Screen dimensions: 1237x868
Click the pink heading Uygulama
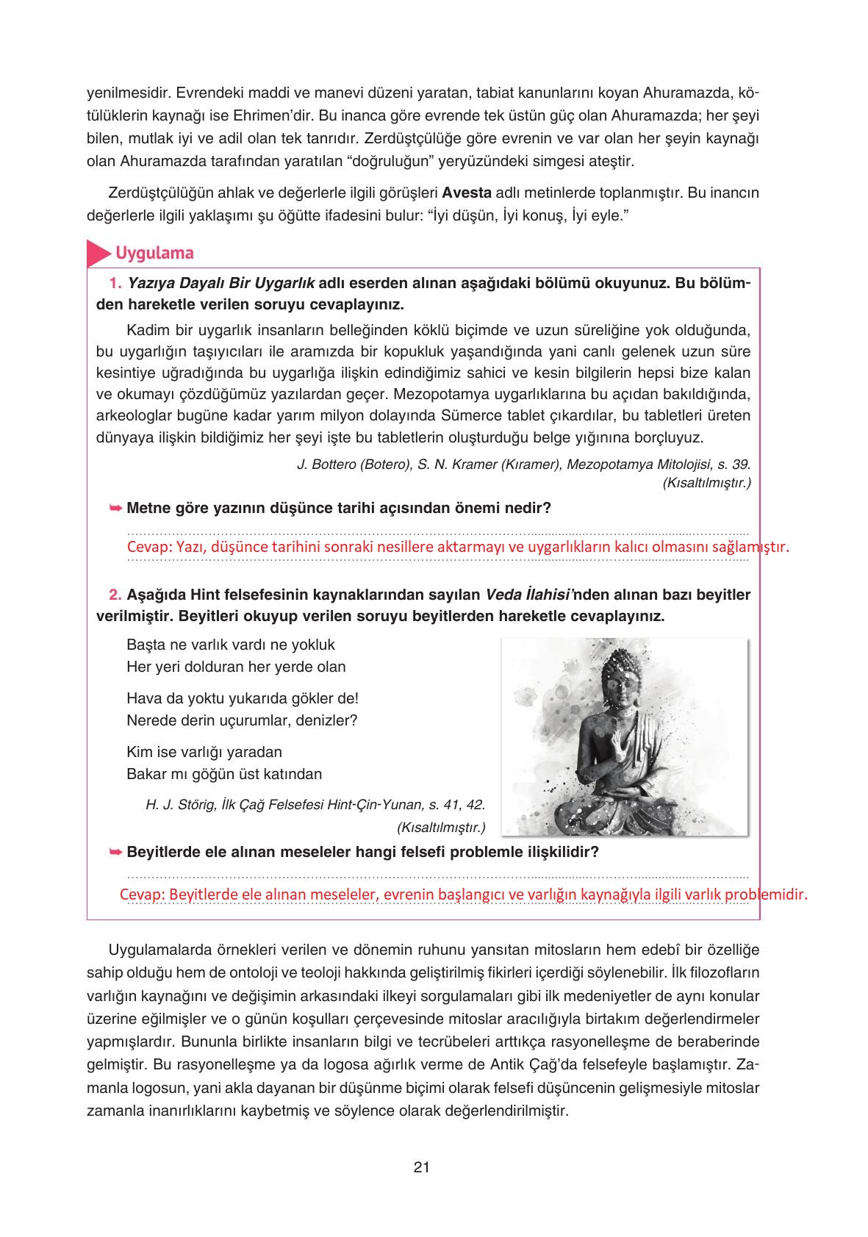pos(154,253)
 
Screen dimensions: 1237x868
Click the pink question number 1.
pos(114,283)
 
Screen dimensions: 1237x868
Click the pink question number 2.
pos(115,594)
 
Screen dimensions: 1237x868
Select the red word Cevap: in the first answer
pos(149,548)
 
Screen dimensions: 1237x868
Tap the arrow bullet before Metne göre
pos(115,508)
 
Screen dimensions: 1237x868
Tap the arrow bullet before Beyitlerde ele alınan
pos(115,853)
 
